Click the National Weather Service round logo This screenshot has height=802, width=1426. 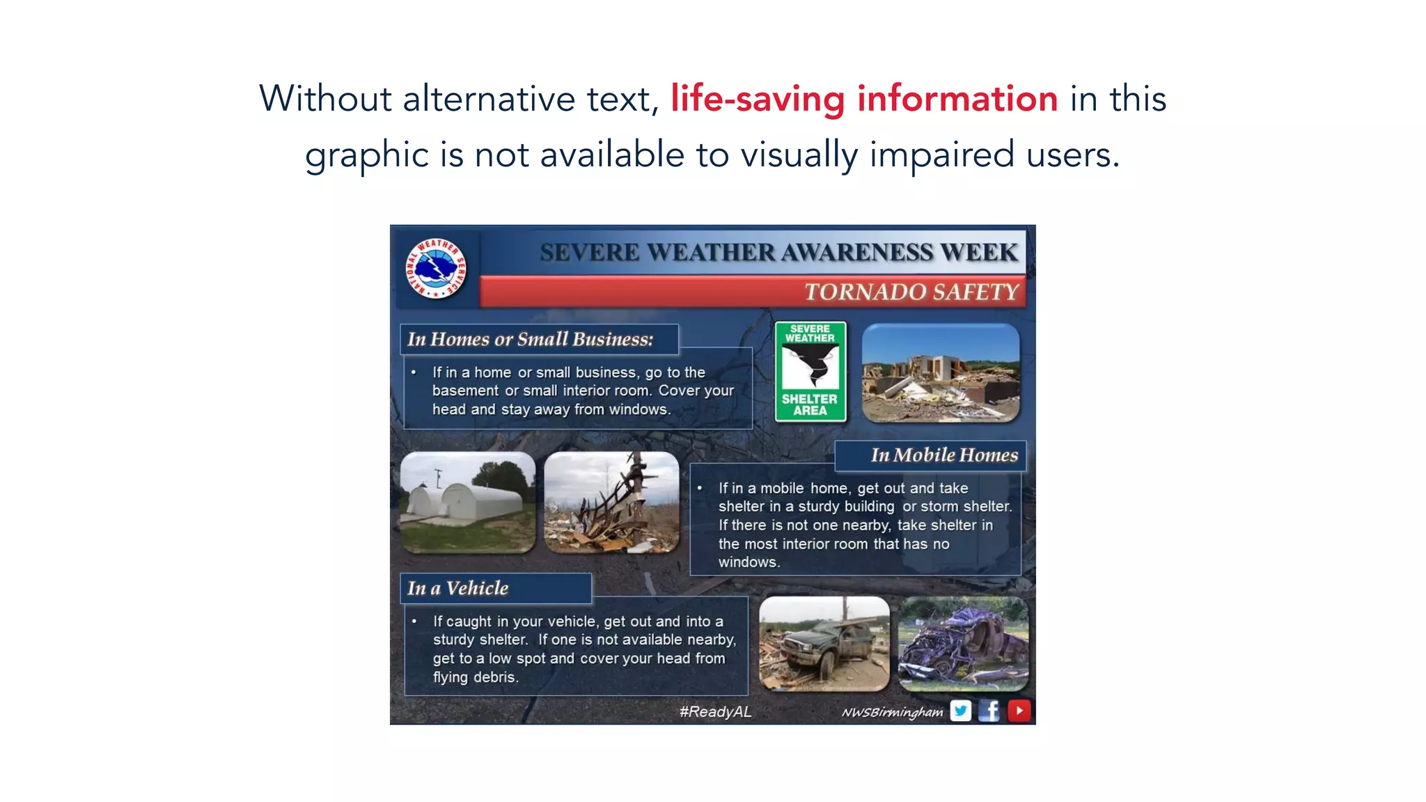(x=436, y=269)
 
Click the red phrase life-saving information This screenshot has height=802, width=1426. (x=864, y=98)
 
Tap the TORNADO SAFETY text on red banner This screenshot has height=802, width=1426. (x=911, y=292)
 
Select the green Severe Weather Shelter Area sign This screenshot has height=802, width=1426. (x=810, y=372)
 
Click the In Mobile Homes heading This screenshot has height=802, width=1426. (x=943, y=455)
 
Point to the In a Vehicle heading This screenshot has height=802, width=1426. (x=458, y=588)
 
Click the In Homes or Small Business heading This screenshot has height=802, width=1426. (x=530, y=339)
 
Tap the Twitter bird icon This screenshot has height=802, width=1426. (x=961, y=711)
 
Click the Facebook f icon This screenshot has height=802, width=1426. (x=989, y=711)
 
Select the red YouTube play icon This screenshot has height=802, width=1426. (x=1019, y=711)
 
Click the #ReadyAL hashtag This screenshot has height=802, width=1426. (x=715, y=711)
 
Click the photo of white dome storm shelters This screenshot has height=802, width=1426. (x=468, y=502)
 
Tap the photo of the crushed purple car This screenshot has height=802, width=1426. (x=963, y=643)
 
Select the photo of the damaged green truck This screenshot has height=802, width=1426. (x=824, y=643)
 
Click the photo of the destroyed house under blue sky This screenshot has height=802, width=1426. (x=941, y=372)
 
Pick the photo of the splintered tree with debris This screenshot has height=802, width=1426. (x=611, y=502)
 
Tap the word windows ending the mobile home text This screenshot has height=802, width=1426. (x=747, y=563)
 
